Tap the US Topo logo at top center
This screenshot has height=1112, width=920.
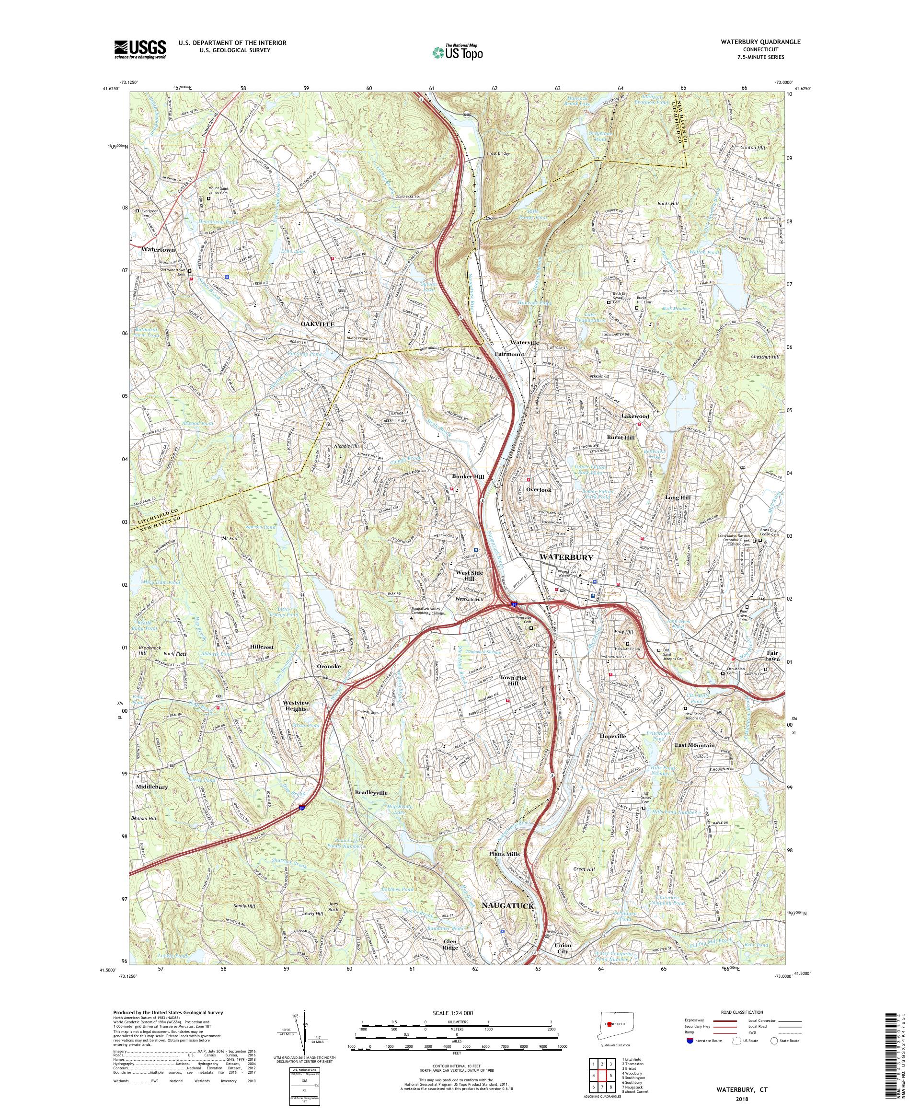pyautogui.click(x=458, y=51)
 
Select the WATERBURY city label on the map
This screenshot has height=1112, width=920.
pyautogui.click(x=566, y=557)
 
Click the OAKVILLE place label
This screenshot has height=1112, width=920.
pyautogui.click(x=318, y=324)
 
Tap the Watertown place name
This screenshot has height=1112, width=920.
pyautogui.click(x=158, y=249)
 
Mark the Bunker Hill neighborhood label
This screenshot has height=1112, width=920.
pyautogui.click(x=467, y=476)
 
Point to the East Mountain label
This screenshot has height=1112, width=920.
pyautogui.click(x=694, y=745)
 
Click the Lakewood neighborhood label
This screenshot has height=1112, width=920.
pyautogui.click(x=635, y=416)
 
